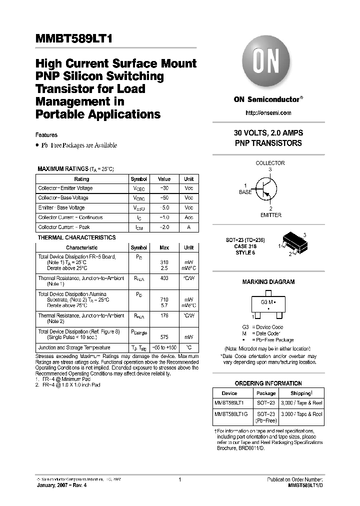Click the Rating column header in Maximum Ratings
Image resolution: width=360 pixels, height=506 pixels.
81,179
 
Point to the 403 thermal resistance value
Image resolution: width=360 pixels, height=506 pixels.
164,278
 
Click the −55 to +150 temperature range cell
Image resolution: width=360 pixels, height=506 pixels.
164,347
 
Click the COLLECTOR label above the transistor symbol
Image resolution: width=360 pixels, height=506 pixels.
270,163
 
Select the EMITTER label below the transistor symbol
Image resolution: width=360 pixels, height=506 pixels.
270,215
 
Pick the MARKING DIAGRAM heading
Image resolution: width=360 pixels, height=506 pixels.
268,282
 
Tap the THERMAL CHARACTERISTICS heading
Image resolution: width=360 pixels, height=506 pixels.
76,237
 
